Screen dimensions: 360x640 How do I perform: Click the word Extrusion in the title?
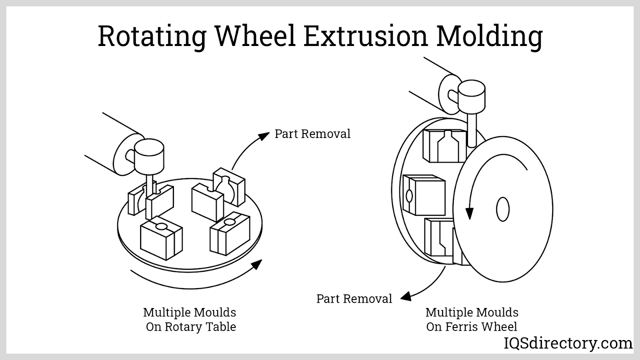coord(365,36)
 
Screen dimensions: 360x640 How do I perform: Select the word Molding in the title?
coord(489,36)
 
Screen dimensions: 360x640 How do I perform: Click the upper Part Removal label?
coord(312,134)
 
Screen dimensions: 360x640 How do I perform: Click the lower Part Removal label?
coord(354,299)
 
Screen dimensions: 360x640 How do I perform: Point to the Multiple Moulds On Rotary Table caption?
coord(190,320)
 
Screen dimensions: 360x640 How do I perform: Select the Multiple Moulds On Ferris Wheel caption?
coord(472,320)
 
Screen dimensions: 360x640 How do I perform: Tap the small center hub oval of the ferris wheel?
coord(502,209)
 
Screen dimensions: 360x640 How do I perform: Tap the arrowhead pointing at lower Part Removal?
coord(406,296)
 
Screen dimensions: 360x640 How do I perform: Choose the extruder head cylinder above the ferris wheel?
coord(471,97)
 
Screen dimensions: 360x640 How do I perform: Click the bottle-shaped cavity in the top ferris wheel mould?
coord(447,146)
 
